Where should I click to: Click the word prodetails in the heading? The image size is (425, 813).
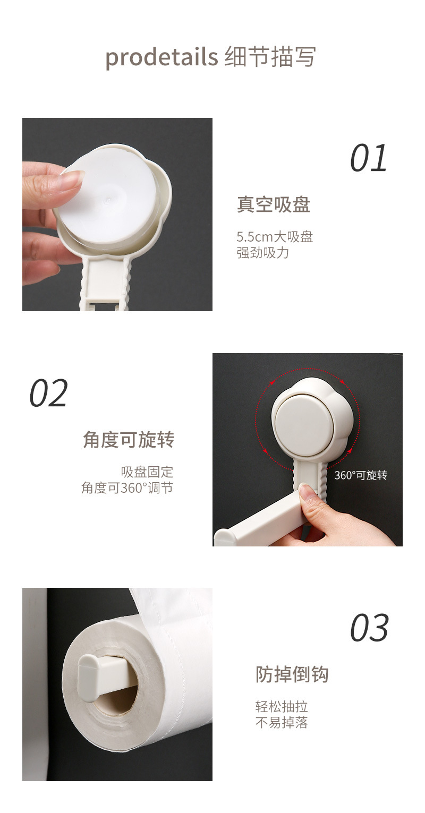pos(161,57)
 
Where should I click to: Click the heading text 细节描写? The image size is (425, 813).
pos(270,57)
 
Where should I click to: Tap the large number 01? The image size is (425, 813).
pos(369,158)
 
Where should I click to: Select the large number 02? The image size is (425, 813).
pos(48,393)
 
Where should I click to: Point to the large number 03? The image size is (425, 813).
pos(369,628)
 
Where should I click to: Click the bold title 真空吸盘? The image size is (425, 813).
pos(273,204)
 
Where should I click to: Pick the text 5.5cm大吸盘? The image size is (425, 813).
pos(275,236)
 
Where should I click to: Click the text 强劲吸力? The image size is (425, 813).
pos(262,252)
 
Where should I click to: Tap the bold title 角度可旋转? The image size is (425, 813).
pos(129,440)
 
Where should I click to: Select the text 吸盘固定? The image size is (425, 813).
pos(147,472)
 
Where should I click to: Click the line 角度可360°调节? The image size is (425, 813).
pos(127,487)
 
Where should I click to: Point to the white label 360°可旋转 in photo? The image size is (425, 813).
pos(361,475)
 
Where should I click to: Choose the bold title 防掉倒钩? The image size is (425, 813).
pos(292,674)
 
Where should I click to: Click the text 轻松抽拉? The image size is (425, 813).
pos(282,706)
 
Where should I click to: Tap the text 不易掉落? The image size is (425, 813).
pos(282,722)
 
